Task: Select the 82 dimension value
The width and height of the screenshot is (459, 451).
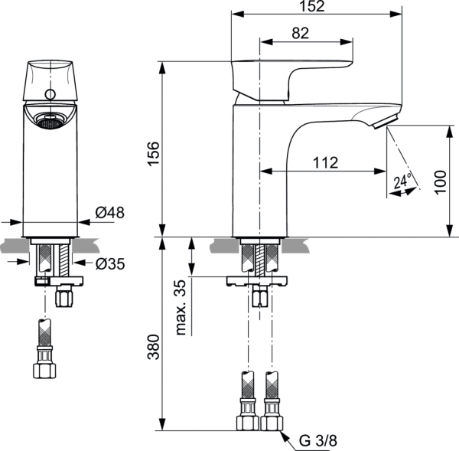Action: tap(301, 32)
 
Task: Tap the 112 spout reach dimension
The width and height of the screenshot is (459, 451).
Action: tap(325, 162)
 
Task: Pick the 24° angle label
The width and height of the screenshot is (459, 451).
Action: tap(402, 182)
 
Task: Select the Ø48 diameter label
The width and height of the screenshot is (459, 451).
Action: tap(110, 213)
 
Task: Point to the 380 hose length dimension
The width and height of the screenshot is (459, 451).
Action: tap(152, 349)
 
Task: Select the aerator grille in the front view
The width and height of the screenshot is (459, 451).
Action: tap(50, 120)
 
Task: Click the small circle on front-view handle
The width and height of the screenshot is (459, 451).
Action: tap(50, 95)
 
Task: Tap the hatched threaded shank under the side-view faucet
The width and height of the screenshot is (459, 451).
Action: tap(259, 259)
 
